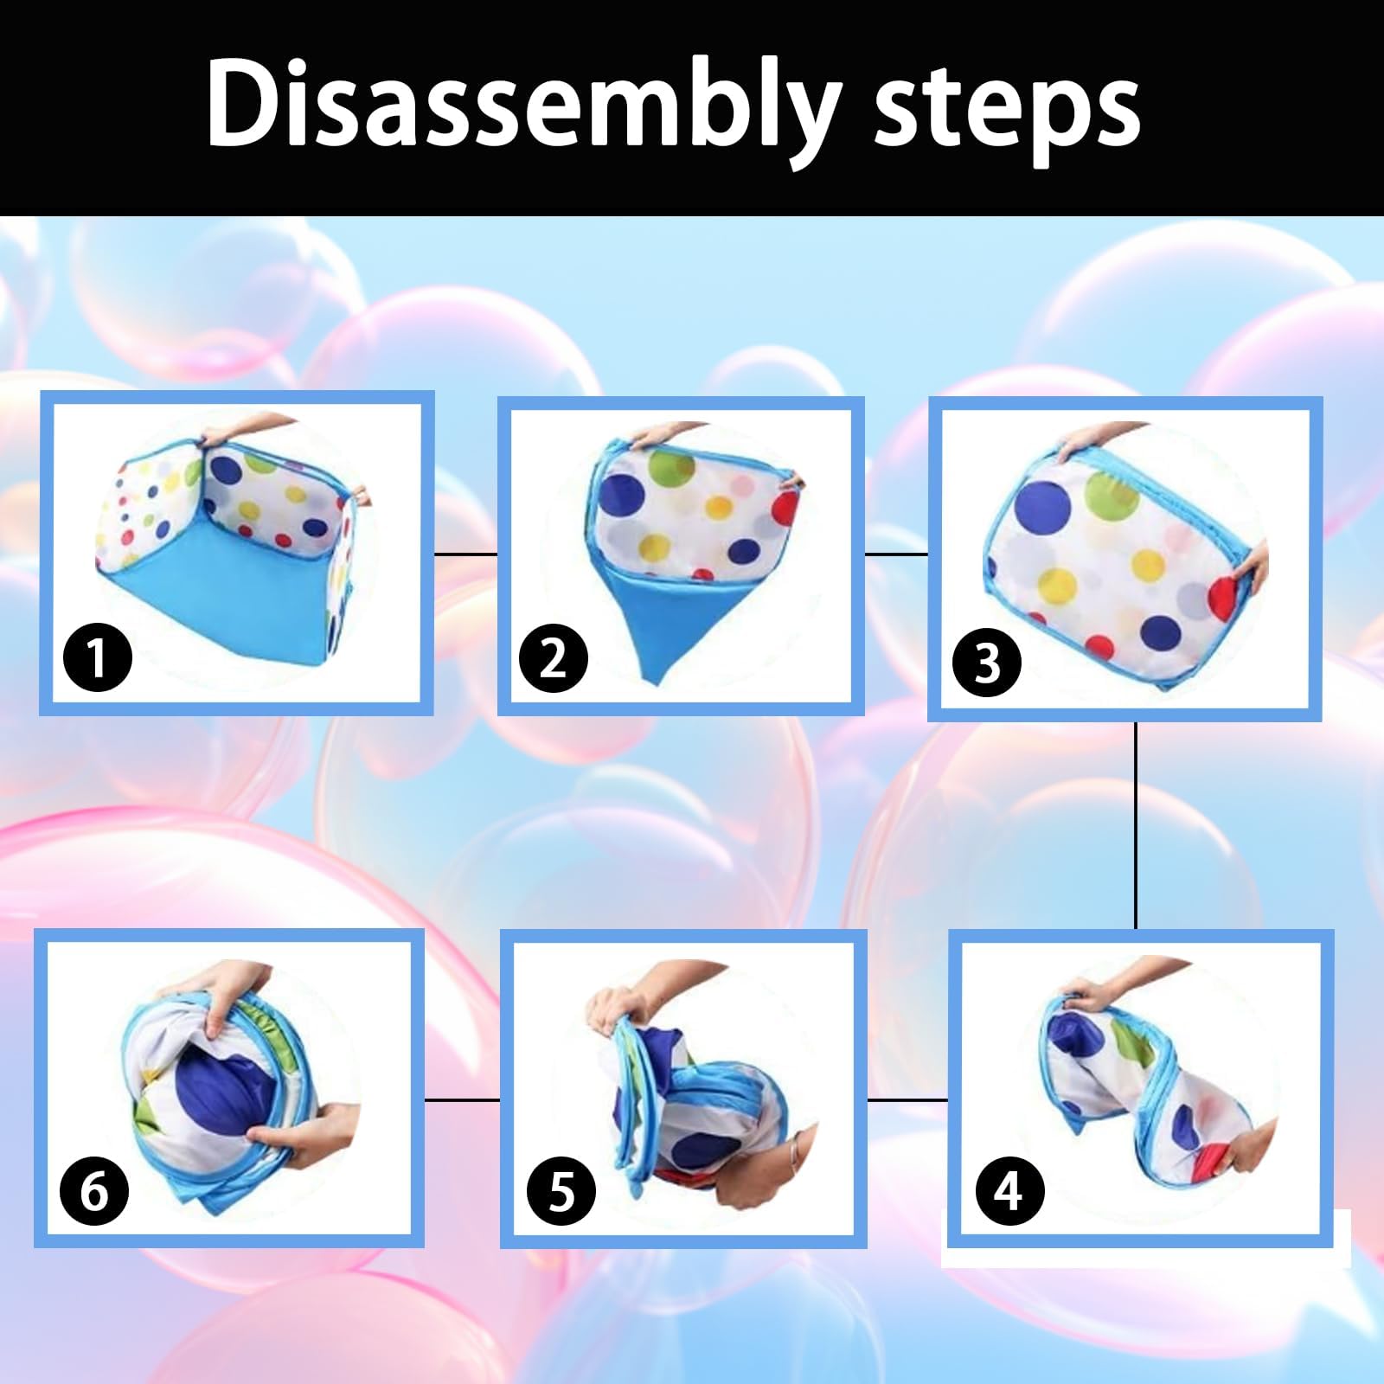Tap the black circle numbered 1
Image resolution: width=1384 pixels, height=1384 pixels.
98,657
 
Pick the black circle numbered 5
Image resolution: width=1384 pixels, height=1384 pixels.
562,1191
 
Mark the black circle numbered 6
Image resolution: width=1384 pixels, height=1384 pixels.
94,1191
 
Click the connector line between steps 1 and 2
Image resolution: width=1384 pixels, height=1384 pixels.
465,554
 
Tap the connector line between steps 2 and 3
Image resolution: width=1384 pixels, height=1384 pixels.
896,554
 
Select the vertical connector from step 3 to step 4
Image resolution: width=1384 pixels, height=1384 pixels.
1136,826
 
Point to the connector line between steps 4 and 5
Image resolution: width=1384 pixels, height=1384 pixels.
907,1100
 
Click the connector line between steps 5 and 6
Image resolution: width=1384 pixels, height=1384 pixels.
462,1100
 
